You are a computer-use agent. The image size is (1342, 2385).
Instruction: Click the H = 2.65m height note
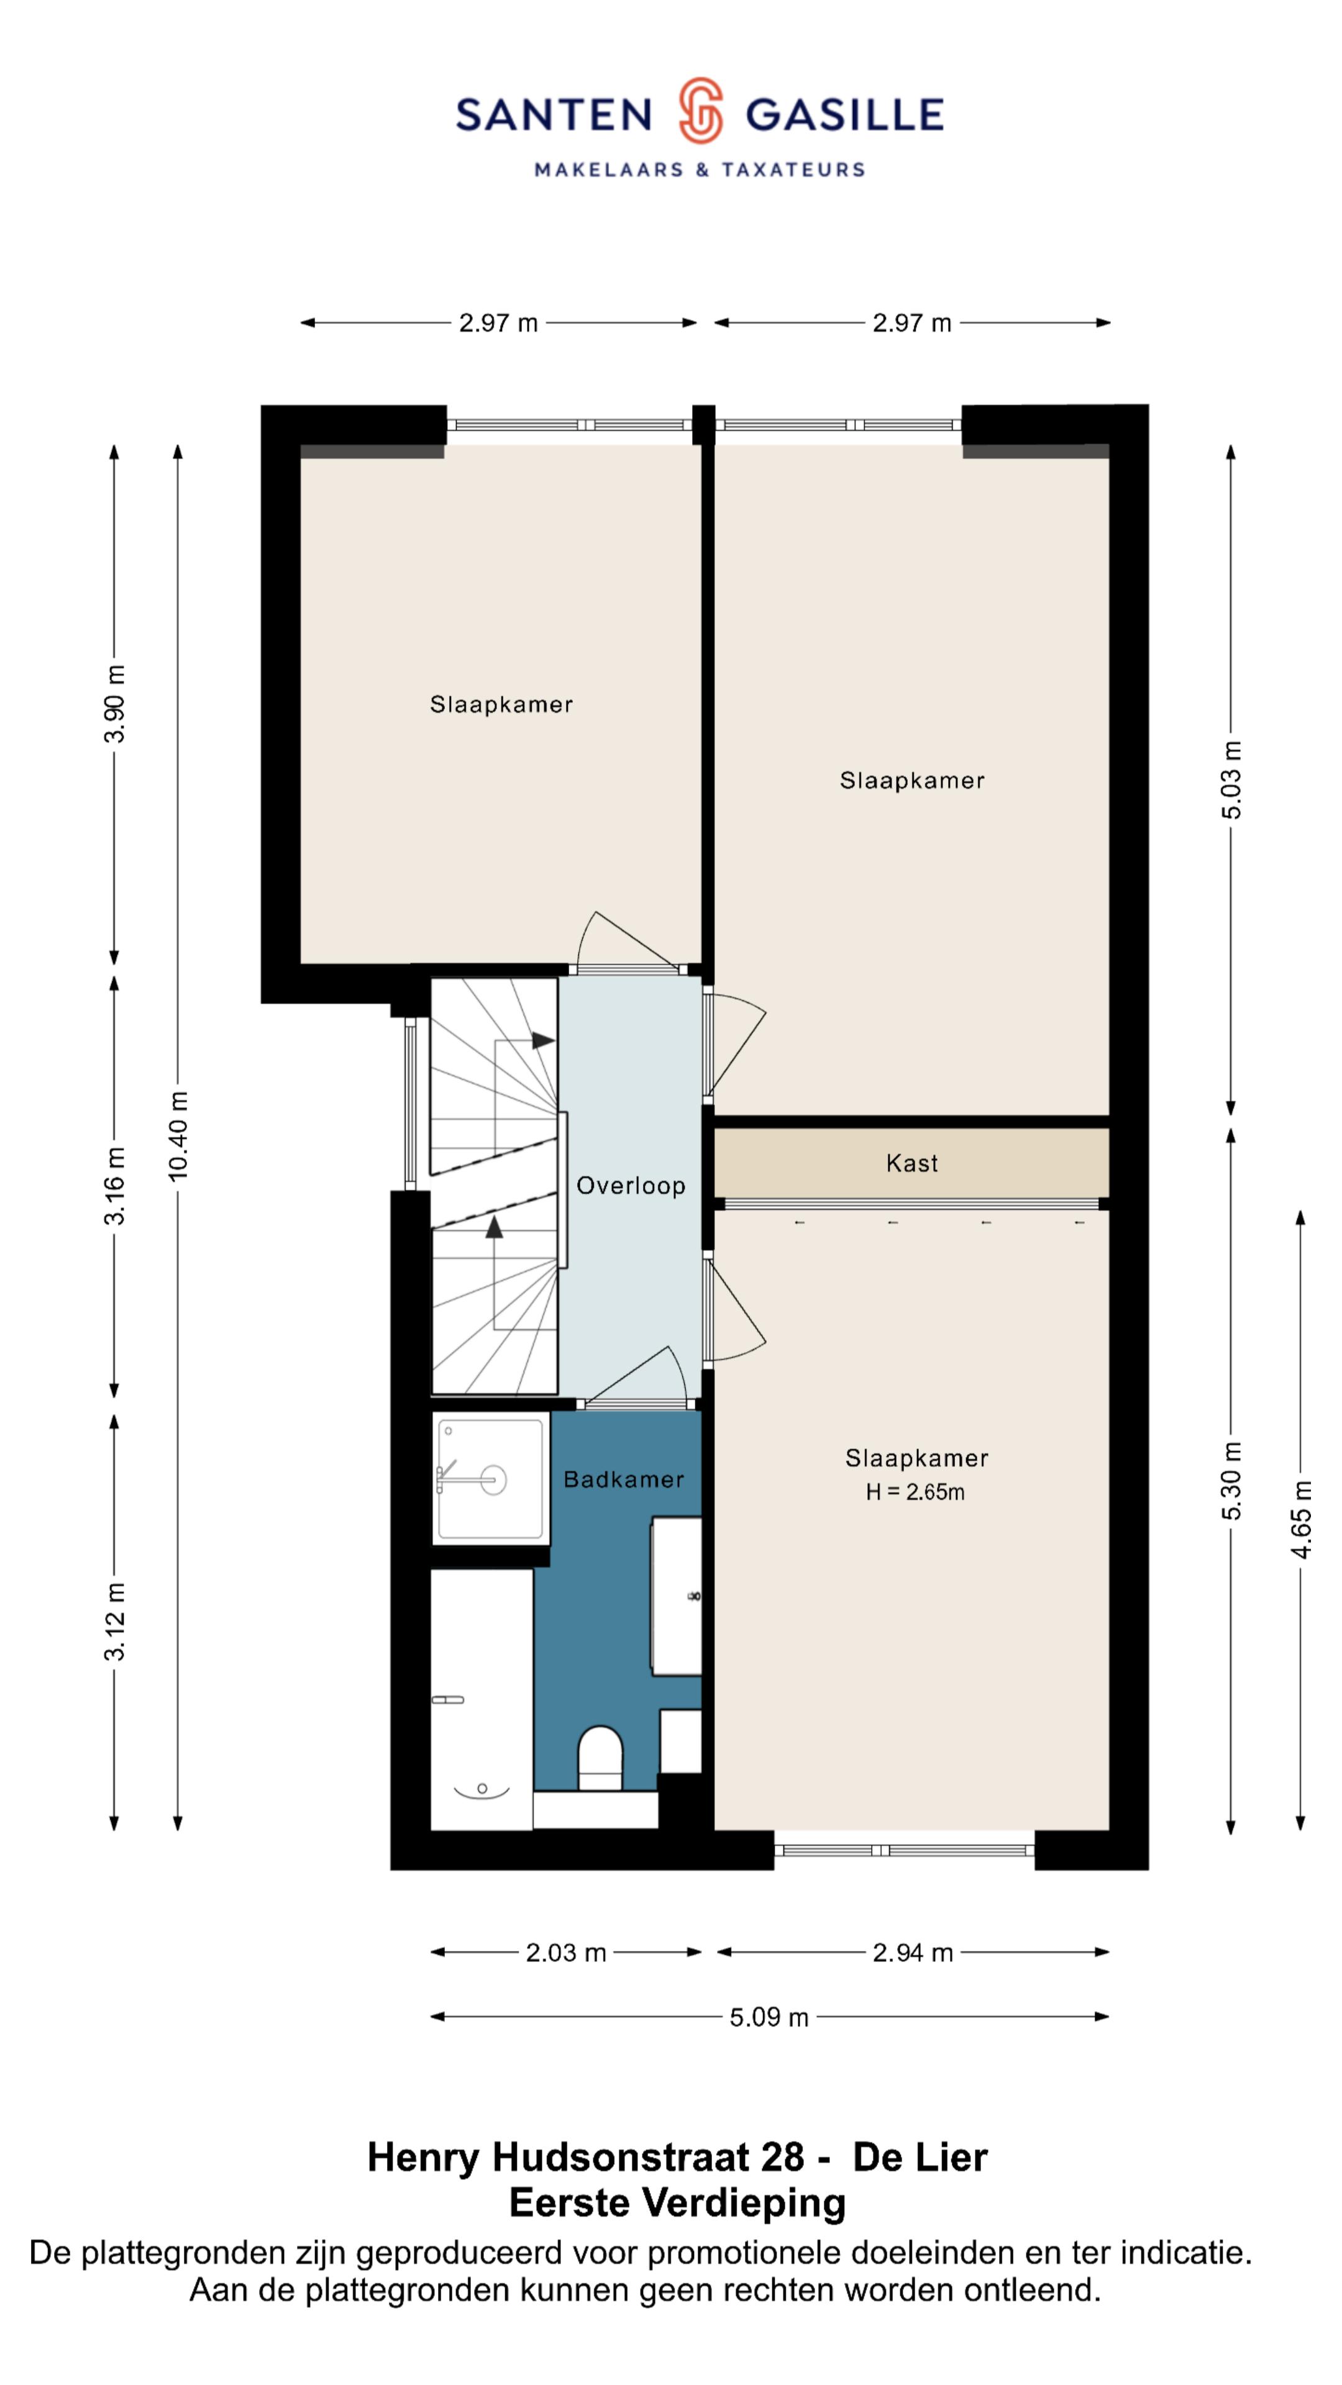(x=915, y=1491)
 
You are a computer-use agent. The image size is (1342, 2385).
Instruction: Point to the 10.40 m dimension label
(x=178, y=1135)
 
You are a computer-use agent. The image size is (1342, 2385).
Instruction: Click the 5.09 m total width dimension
(x=769, y=2017)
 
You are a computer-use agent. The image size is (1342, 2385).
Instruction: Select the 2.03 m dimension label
(x=566, y=1953)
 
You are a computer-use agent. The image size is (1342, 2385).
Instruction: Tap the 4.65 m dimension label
(x=1301, y=1519)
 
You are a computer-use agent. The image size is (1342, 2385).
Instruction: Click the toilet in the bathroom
(x=600, y=1757)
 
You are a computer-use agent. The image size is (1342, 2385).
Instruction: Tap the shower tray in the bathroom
(x=490, y=1479)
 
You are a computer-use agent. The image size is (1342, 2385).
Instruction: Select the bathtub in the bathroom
(x=482, y=1699)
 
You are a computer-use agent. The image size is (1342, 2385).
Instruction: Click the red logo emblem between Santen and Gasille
(x=700, y=111)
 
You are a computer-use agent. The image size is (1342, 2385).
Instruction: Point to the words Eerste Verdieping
(x=678, y=2204)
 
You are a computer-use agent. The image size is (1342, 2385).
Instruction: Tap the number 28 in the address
(x=783, y=2157)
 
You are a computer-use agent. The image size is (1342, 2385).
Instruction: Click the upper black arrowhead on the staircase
(x=544, y=1041)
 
